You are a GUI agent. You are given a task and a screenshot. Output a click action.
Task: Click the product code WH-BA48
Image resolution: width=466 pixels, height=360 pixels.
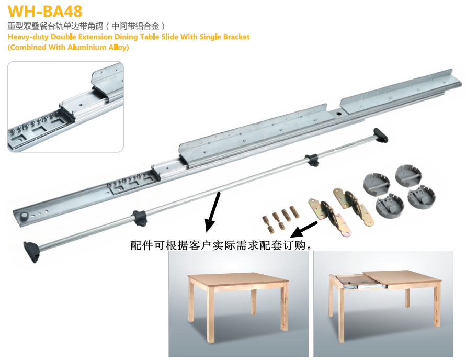[45, 12]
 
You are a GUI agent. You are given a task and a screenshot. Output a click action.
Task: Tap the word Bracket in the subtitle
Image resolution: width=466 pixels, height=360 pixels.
[236, 37]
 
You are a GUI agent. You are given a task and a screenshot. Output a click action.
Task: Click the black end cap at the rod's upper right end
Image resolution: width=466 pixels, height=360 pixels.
[380, 135]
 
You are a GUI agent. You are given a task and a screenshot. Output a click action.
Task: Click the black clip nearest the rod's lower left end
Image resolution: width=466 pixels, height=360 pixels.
[140, 218]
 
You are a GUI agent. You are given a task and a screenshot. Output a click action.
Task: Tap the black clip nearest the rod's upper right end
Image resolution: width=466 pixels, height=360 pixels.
[312, 160]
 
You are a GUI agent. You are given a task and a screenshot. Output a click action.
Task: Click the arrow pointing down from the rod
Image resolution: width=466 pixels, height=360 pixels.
[213, 212]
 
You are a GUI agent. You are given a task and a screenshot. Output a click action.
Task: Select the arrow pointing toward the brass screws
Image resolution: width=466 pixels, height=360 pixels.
[304, 230]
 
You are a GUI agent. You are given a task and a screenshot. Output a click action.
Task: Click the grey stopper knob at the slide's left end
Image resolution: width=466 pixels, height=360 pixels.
[24, 217]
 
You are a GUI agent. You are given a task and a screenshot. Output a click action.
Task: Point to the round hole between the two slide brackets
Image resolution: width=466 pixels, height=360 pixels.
[338, 113]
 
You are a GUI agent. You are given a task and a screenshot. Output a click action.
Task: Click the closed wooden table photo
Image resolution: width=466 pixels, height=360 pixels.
[238, 303]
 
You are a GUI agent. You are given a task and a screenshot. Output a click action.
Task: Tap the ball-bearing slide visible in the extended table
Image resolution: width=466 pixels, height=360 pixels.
[365, 287]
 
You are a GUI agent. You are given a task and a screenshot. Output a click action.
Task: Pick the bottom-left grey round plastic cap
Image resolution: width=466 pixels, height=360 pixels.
[390, 206]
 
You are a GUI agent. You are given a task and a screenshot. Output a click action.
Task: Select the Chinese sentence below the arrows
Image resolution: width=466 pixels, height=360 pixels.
[221, 245]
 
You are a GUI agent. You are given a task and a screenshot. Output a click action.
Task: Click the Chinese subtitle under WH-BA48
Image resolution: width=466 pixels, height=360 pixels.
[86, 26]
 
